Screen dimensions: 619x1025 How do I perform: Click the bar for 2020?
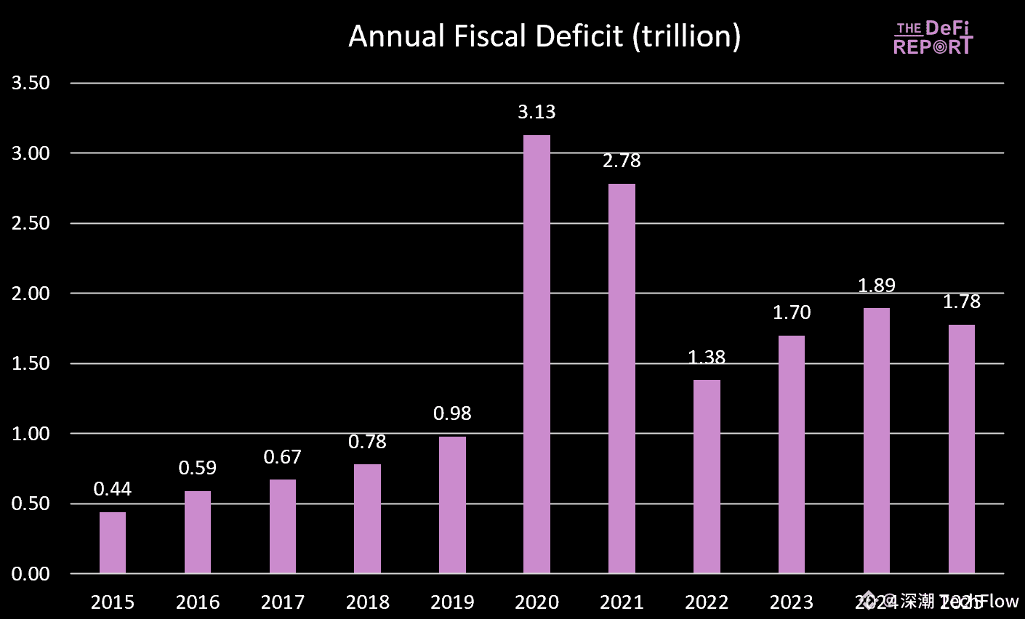click(x=536, y=354)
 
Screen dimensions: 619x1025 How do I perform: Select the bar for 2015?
click(x=113, y=543)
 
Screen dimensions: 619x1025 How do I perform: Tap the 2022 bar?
click(x=707, y=477)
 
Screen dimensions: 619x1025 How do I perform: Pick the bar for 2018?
click(x=367, y=519)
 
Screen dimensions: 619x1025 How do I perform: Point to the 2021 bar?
click(x=622, y=379)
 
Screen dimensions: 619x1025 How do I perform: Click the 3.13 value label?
click(x=536, y=112)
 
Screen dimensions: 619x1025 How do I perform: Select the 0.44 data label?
click(x=113, y=489)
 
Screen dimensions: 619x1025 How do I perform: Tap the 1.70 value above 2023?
click(x=791, y=312)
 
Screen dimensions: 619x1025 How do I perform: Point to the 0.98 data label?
click(x=452, y=413)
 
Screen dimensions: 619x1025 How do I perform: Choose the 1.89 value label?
click(x=877, y=286)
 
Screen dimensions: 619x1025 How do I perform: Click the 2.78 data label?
click(x=622, y=161)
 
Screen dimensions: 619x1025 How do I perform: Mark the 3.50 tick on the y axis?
click(x=31, y=83)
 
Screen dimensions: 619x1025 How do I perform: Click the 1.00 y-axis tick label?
click(x=31, y=434)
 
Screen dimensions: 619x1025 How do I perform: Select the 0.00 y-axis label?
click(x=31, y=574)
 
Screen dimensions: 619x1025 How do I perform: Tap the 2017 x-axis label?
click(x=282, y=602)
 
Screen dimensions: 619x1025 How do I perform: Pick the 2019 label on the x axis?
click(x=452, y=602)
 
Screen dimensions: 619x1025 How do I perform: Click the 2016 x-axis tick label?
click(x=198, y=602)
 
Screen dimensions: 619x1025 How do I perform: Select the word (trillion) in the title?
click(x=686, y=36)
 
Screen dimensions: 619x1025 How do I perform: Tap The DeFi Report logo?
click(x=933, y=38)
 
